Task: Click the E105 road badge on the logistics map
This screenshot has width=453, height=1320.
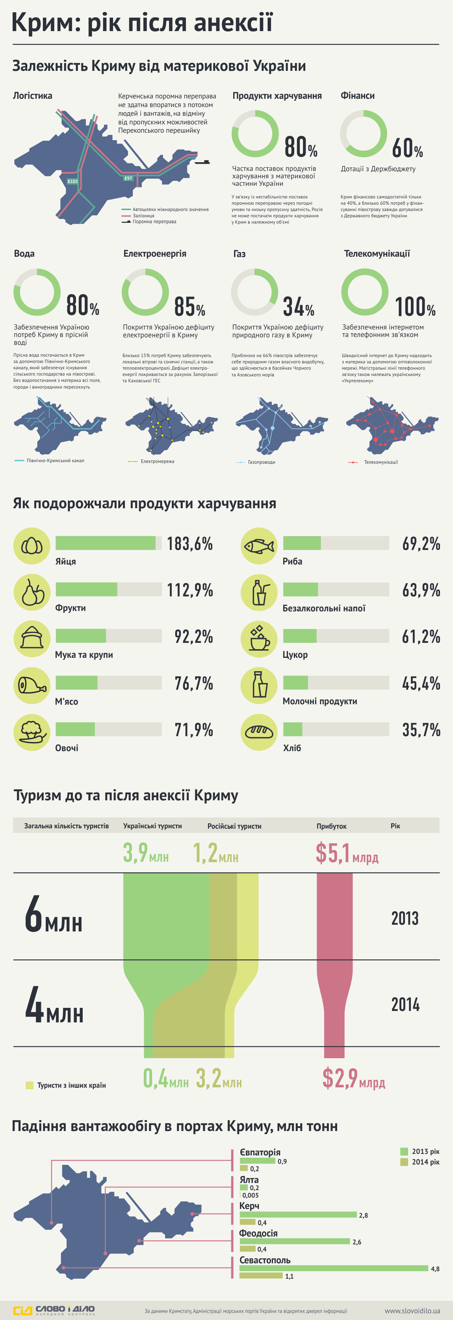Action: [73, 181]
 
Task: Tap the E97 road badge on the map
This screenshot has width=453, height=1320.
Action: [128, 178]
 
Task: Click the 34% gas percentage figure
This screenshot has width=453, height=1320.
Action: [299, 306]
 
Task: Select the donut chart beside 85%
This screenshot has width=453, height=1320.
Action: [145, 292]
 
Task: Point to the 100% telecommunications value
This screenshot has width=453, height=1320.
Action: [415, 306]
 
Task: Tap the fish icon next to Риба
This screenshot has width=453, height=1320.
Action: [259, 546]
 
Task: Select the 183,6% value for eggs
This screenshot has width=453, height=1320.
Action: [189, 544]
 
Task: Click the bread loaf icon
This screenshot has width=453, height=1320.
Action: [259, 732]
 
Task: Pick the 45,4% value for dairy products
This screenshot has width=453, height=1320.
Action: [421, 683]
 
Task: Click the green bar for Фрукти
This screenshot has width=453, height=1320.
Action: [86, 589]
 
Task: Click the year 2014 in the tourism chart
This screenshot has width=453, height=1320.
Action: [405, 1004]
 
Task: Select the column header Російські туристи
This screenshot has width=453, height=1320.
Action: [234, 826]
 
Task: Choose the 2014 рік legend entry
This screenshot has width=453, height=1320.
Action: [420, 1162]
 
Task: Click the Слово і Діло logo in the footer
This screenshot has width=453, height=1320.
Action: [54, 1310]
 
